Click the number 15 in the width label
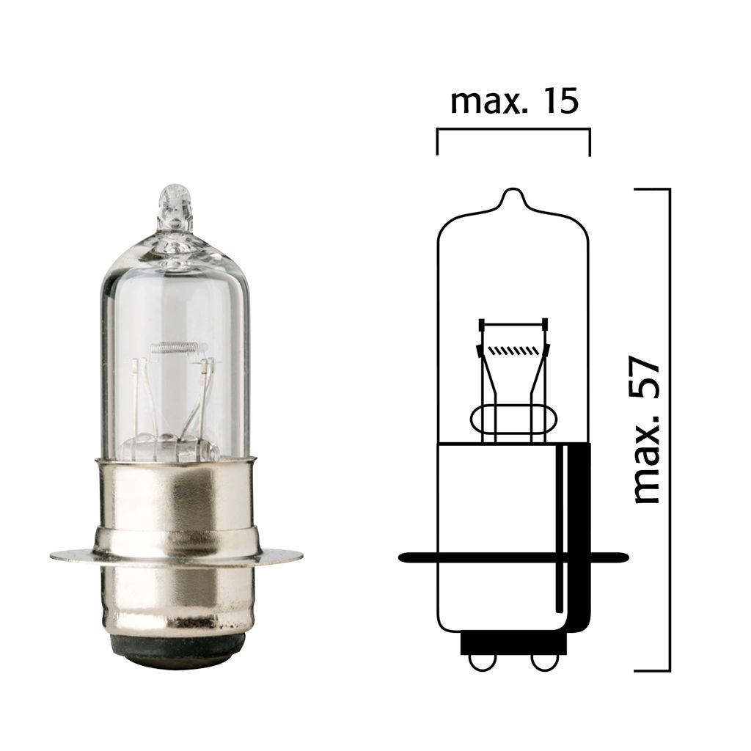tap(557, 103)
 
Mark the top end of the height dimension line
tap(669, 189)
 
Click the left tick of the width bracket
tap(437, 143)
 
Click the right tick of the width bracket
tap(590, 143)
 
